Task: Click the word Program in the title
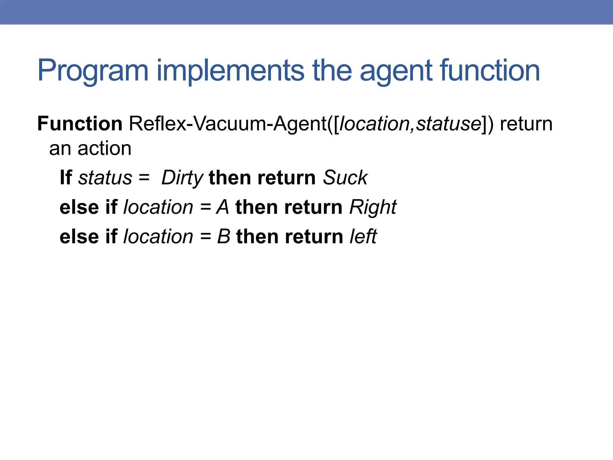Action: click(93, 71)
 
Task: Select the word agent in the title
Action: click(395, 71)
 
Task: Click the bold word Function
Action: click(80, 124)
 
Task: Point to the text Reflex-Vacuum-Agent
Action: click(227, 124)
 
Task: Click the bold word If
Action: click(66, 178)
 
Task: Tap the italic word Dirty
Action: click(182, 178)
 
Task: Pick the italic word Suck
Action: click(345, 178)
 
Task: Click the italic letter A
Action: click(223, 207)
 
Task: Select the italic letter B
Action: click(223, 237)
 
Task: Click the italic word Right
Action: click(373, 207)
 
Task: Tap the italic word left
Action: click(363, 237)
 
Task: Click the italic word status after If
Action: click(105, 178)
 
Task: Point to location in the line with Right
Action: click(158, 207)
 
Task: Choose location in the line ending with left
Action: click(158, 237)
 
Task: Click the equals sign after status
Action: click(144, 178)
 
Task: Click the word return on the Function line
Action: click(526, 124)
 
